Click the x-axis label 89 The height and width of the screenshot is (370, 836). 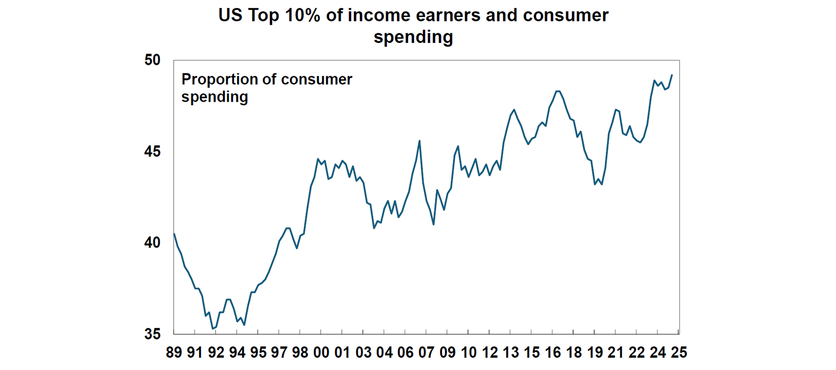click(x=174, y=353)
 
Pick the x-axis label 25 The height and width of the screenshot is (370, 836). click(x=679, y=353)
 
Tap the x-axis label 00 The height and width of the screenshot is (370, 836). click(x=321, y=353)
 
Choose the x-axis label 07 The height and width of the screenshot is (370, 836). click(x=426, y=353)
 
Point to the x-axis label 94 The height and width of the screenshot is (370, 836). click(x=237, y=353)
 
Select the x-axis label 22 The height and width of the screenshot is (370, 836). click(x=636, y=353)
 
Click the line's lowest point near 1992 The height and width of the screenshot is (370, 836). click(x=212, y=329)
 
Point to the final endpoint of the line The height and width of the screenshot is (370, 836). click(x=672, y=75)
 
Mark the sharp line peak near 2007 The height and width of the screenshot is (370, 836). click(x=419, y=140)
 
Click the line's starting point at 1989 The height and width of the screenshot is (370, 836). click(x=174, y=234)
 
